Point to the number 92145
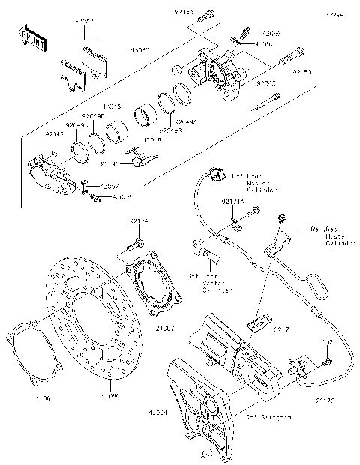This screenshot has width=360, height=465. [109, 163]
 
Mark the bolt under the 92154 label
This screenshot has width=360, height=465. [136, 244]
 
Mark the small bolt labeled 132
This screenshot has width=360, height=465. [328, 362]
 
